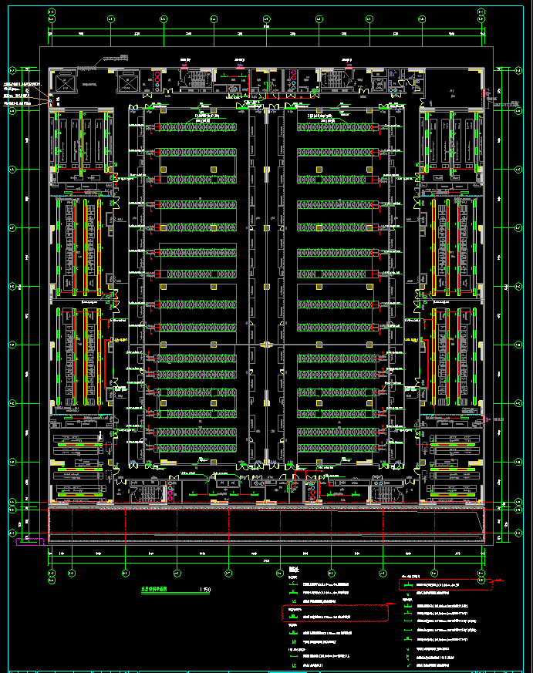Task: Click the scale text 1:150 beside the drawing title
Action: click(x=204, y=591)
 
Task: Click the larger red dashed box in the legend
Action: click(x=334, y=614)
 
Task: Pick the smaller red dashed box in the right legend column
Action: click(x=445, y=585)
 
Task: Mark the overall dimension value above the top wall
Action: click(x=266, y=28)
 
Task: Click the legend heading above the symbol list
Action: click(x=293, y=575)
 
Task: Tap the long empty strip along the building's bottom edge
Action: click(x=266, y=524)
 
